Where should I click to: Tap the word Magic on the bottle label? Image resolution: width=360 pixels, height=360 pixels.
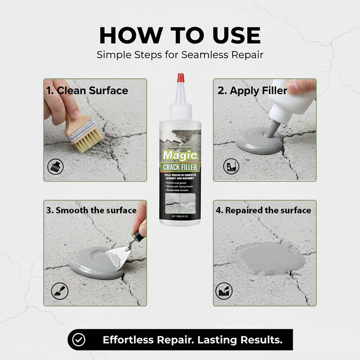click(x=180, y=156)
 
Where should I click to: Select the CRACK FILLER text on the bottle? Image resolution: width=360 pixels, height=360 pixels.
click(x=180, y=167)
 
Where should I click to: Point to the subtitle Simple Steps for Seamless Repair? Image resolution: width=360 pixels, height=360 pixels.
click(x=180, y=55)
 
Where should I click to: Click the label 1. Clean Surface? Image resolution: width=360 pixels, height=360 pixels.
click(x=87, y=90)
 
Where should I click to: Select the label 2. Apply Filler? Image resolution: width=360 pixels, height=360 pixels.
click(x=252, y=90)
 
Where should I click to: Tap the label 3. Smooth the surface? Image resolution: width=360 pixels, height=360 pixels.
click(x=91, y=210)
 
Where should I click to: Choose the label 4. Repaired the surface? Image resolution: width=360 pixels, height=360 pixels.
click(x=264, y=210)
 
